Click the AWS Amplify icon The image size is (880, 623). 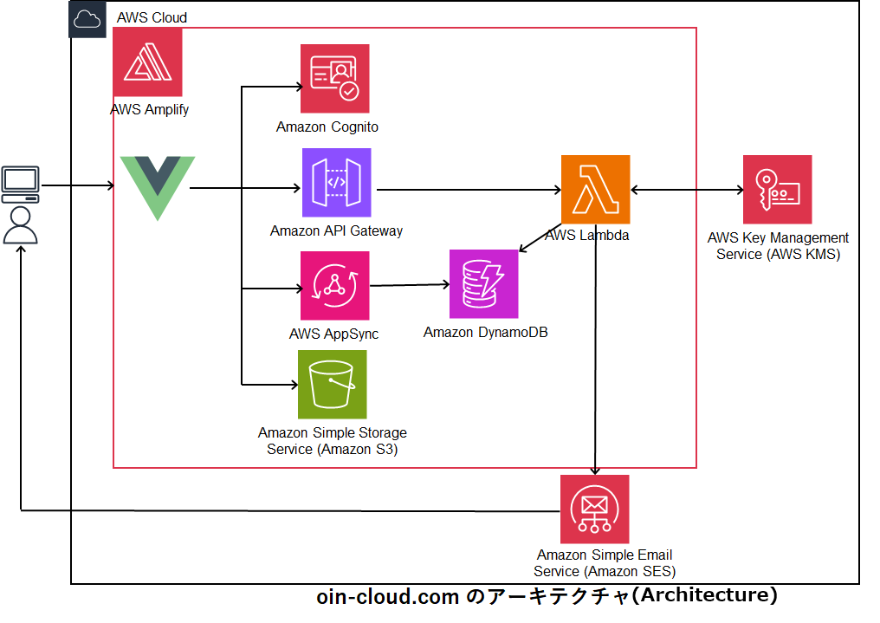point(147,62)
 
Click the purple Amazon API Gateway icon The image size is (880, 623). point(336,183)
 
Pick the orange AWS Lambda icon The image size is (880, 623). point(595,190)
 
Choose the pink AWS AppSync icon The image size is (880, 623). point(334,286)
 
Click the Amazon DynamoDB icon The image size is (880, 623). point(483,284)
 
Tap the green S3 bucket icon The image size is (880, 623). point(332,385)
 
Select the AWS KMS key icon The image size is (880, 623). point(777,190)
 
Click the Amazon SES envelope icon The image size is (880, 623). point(594,509)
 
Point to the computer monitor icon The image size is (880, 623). point(20,184)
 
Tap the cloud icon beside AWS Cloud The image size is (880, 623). point(87,18)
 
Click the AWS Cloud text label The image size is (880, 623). point(152,17)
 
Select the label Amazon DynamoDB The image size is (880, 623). point(485,333)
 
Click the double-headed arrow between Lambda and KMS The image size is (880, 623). point(686,190)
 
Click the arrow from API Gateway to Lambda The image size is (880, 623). point(468,190)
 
